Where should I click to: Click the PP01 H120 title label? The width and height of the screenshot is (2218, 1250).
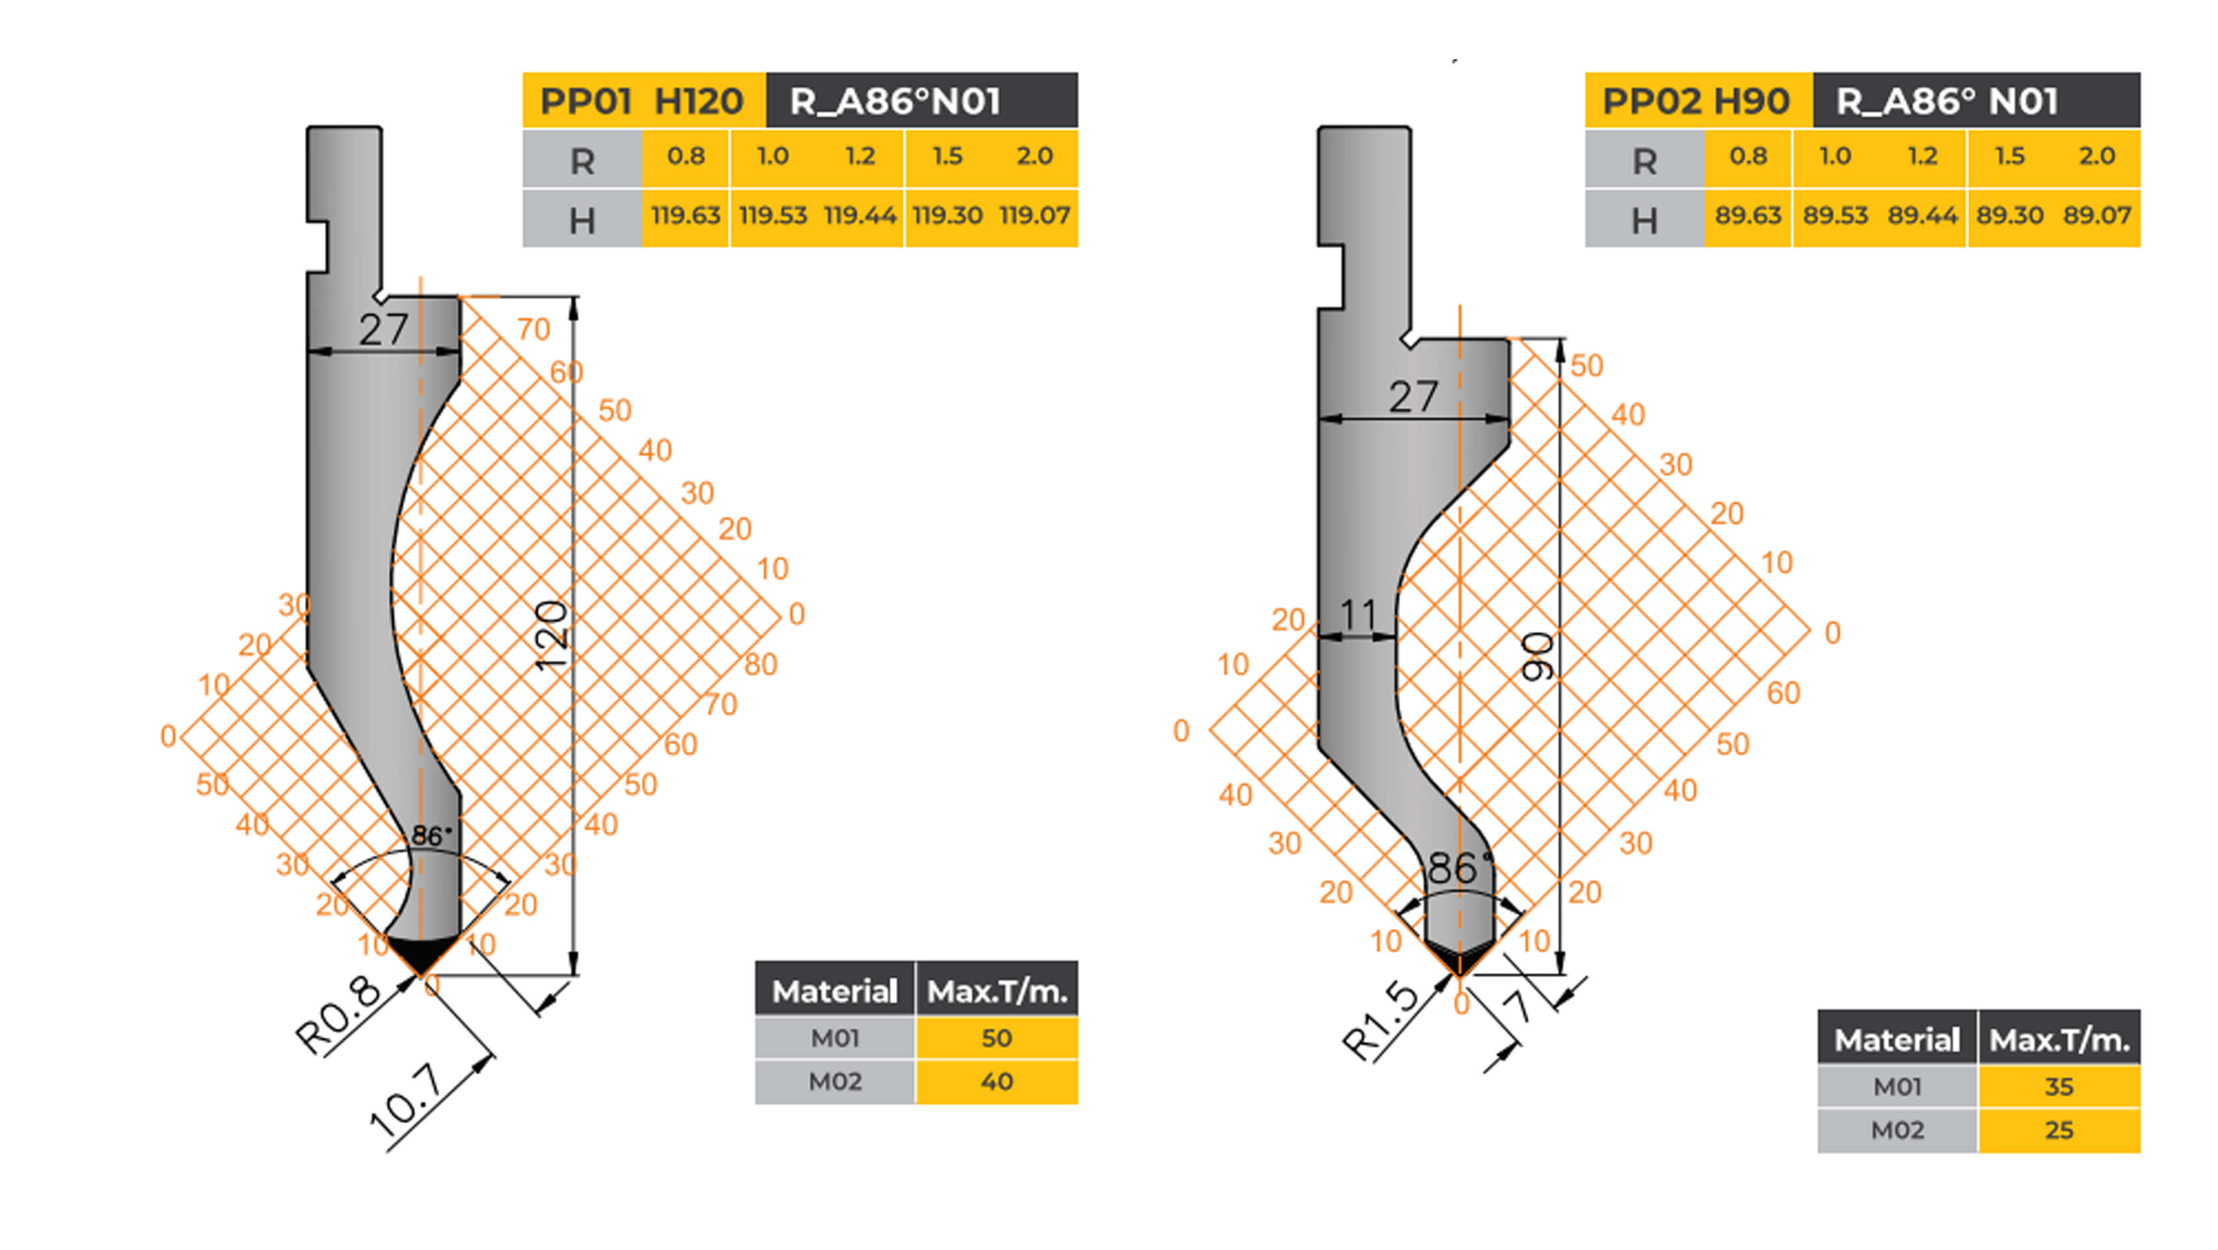[x=642, y=101]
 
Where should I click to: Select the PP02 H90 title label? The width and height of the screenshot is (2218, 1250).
[x=1696, y=101]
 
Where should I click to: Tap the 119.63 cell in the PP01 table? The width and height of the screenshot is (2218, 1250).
[x=685, y=215]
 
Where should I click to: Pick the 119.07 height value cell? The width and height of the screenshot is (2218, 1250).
[x=1034, y=215]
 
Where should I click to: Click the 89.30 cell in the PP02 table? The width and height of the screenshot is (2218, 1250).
[x=2010, y=215]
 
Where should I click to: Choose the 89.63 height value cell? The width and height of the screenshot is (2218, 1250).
[x=1748, y=215]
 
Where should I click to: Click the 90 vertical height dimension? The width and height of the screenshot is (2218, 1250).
[x=1539, y=656]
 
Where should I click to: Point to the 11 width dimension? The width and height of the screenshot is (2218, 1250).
[x=1359, y=615]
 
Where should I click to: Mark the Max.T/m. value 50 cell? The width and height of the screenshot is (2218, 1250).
[x=996, y=1037]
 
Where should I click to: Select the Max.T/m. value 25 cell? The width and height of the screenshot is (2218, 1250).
[x=2059, y=1130]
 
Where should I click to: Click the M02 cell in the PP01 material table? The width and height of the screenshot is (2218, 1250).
[x=834, y=1081]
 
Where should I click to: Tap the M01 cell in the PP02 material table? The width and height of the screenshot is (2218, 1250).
[x=1897, y=1087]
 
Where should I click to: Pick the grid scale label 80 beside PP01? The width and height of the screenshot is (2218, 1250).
[x=761, y=664]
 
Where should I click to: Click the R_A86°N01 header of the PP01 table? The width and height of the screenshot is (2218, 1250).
[x=895, y=101]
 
